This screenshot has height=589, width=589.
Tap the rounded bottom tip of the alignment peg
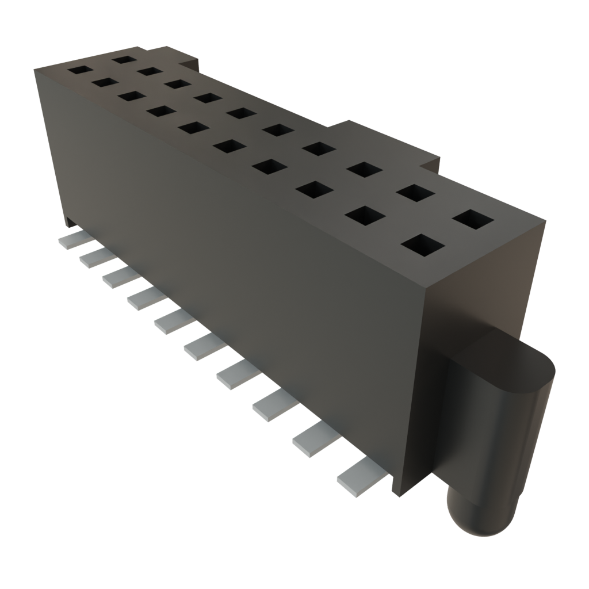click(475, 518)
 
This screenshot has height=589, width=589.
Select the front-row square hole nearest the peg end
click(423, 246)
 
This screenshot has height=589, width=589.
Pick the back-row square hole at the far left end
click(124, 58)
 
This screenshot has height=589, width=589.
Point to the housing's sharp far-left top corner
click(35, 68)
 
